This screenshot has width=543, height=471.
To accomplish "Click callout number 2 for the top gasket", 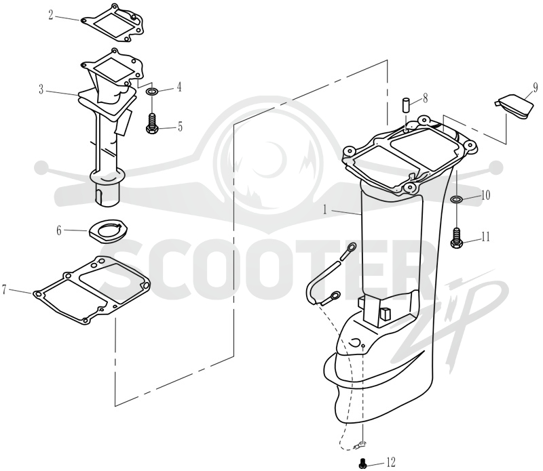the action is click(x=51, y=15).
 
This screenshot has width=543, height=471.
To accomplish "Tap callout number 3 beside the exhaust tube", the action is click(x=41, y=90).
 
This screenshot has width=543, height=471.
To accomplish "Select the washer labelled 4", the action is click(x=152, y=92).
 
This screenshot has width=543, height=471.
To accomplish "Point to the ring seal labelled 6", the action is click(x=109, y=230).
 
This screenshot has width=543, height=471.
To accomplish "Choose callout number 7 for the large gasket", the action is click(x=4, y=289).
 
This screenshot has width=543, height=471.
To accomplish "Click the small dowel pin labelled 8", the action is click(x=406, y=105).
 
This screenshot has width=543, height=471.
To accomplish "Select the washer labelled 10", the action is click(x=457, y=199).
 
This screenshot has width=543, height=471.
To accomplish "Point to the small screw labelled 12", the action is click(x=362, y=464).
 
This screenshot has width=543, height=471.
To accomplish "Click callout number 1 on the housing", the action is click(x=325, y=209).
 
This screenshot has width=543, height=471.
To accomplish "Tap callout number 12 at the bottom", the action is click(x=391, y=462).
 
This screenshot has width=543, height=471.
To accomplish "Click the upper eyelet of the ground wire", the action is click(x=352, y=247).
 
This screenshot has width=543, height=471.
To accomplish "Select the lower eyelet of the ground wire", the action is click(x=335, y=295).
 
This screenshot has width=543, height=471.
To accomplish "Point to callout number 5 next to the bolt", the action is click(x=180, y=127).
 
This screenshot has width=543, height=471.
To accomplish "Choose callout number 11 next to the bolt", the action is click(x=485, y=237).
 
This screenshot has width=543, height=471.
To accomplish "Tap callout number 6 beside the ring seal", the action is click(x=59, y=230).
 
